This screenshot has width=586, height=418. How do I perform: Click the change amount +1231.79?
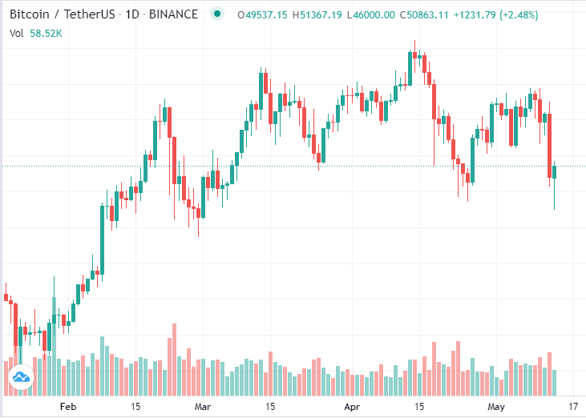[494, 15]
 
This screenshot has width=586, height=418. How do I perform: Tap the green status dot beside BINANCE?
[216, 15]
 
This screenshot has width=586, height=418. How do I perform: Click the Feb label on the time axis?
[68, 407]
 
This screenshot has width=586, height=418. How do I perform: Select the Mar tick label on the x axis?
[203, 407]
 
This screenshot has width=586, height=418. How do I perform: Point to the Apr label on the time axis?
[352, 407]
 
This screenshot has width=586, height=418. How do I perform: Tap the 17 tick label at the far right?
[573, 407]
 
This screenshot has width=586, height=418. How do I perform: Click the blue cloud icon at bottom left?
[21, 376]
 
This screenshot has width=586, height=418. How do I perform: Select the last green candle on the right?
[555, 172]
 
